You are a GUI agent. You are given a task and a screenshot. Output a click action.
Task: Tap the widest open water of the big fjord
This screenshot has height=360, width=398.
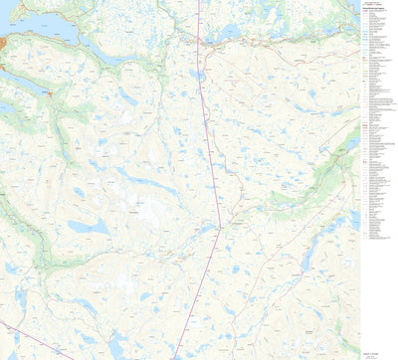click(30, 22)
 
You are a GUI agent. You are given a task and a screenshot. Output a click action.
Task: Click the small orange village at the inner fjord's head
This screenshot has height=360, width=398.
click(49, 93)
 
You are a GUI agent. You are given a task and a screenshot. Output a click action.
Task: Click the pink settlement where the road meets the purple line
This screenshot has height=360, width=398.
click(198, 42)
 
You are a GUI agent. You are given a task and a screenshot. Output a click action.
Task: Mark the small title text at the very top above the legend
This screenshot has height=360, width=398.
click(376, 5)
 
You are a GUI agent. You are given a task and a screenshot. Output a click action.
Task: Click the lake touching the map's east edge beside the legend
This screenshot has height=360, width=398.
click(352, 144)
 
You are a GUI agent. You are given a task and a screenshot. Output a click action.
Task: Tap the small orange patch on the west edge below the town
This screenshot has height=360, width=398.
click(3, 68)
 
